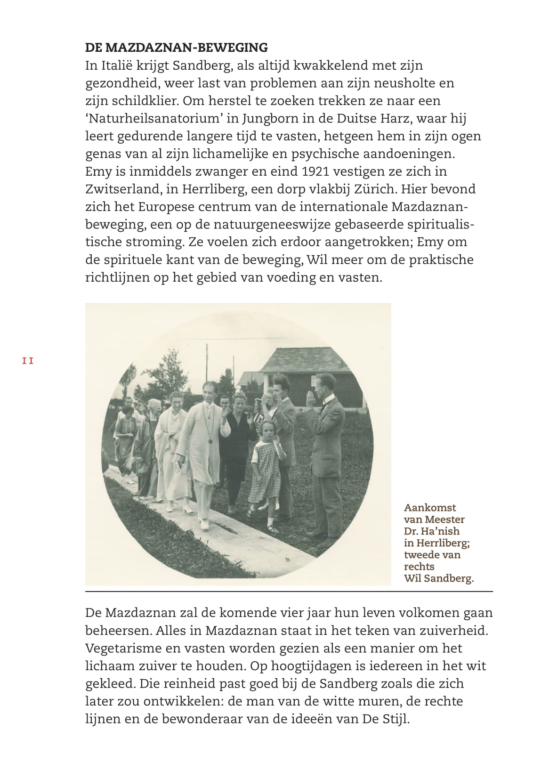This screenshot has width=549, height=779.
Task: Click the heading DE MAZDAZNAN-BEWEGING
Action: coord(176,48)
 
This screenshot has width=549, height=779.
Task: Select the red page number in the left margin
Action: coord(28,361)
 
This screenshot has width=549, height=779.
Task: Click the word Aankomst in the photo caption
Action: coord(430,508)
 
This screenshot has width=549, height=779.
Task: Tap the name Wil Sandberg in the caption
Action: coord(438,578)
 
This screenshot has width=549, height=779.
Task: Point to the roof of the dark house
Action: coord(306,360)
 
